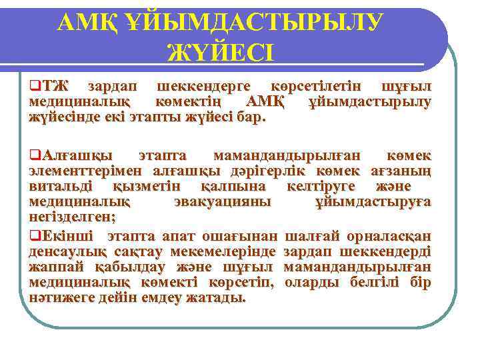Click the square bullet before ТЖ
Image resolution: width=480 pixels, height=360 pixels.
[33, 87]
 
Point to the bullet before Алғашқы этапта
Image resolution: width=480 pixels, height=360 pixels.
[33, 155]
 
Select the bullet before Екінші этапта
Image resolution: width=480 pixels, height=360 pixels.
[33, 235]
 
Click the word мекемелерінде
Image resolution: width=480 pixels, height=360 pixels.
[223, 251]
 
